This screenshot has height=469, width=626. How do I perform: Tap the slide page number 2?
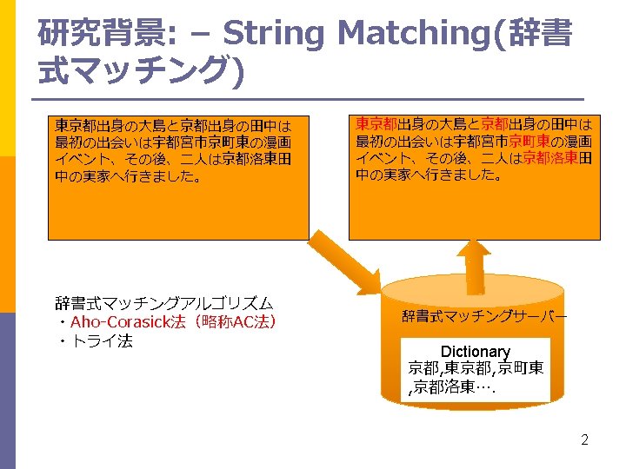coord(585,439)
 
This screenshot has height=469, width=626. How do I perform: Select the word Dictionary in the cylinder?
coord(475,352)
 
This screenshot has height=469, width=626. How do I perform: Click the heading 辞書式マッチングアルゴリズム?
coord(164,303)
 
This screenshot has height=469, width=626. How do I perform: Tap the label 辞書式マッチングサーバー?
coord(484,317)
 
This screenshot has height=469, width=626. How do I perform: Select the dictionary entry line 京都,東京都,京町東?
coord(476,368)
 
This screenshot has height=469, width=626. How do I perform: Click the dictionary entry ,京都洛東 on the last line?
coord(452,387)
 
